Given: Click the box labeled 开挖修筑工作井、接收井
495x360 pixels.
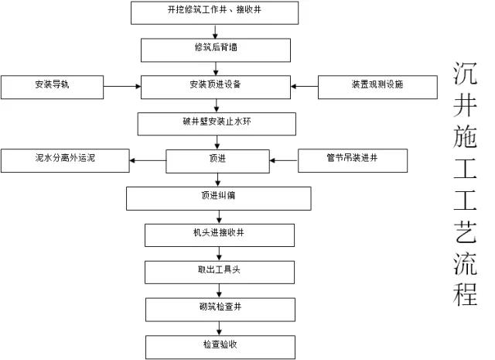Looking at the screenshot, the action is (x=215, y=12).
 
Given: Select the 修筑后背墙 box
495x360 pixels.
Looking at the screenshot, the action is (x=216, y=50).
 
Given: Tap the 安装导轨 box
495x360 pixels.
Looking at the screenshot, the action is (x=52, y=87).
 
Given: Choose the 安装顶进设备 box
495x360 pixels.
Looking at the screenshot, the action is (x=216, y=87).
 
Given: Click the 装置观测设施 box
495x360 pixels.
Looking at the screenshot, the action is (x=377, y=87).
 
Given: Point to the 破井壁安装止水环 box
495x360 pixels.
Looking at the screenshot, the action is (x=217, y=124).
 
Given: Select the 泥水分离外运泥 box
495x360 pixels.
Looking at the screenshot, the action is (x=65, y=160).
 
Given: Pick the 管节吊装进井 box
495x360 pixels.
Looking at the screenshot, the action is (x=353, y=160).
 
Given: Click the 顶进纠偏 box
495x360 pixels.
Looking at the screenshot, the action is (x=218, y=198).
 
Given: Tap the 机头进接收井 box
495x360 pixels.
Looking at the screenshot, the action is (x=220, y=235).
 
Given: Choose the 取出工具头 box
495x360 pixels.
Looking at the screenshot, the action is (x=220, y=273).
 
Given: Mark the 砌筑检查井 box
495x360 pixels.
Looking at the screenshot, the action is (x=220, y=310).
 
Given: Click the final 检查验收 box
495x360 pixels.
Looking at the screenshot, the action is (x=220, y=347).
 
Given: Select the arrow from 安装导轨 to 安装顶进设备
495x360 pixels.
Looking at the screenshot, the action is (x=122, y=86).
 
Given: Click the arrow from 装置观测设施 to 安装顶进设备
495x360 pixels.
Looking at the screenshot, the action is (x=304, y=86).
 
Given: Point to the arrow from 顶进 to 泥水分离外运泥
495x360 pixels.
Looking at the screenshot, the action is (x=148, y=160).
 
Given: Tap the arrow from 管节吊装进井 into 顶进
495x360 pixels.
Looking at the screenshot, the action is (x=284, y=160).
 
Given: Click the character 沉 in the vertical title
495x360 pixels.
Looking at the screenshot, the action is (x=465, y=74).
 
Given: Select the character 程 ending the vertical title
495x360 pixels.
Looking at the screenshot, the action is (x=465, y=294).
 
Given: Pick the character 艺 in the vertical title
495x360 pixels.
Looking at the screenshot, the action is (x=465, y=231).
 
